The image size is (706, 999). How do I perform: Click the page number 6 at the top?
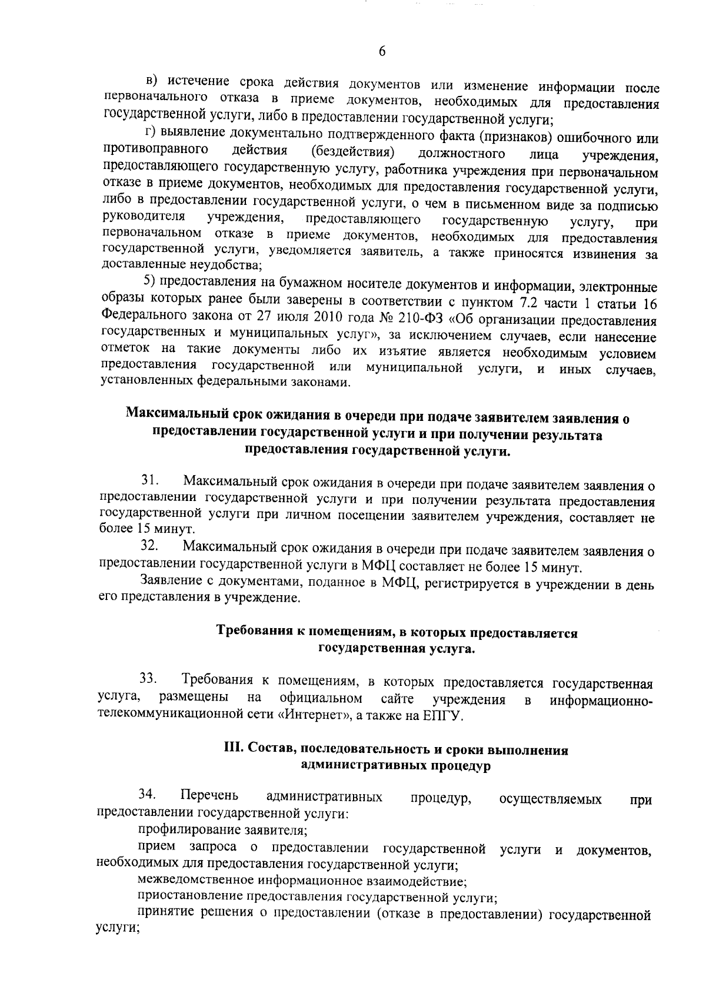pos(382,52)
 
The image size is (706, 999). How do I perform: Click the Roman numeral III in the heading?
pos(234,751)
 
